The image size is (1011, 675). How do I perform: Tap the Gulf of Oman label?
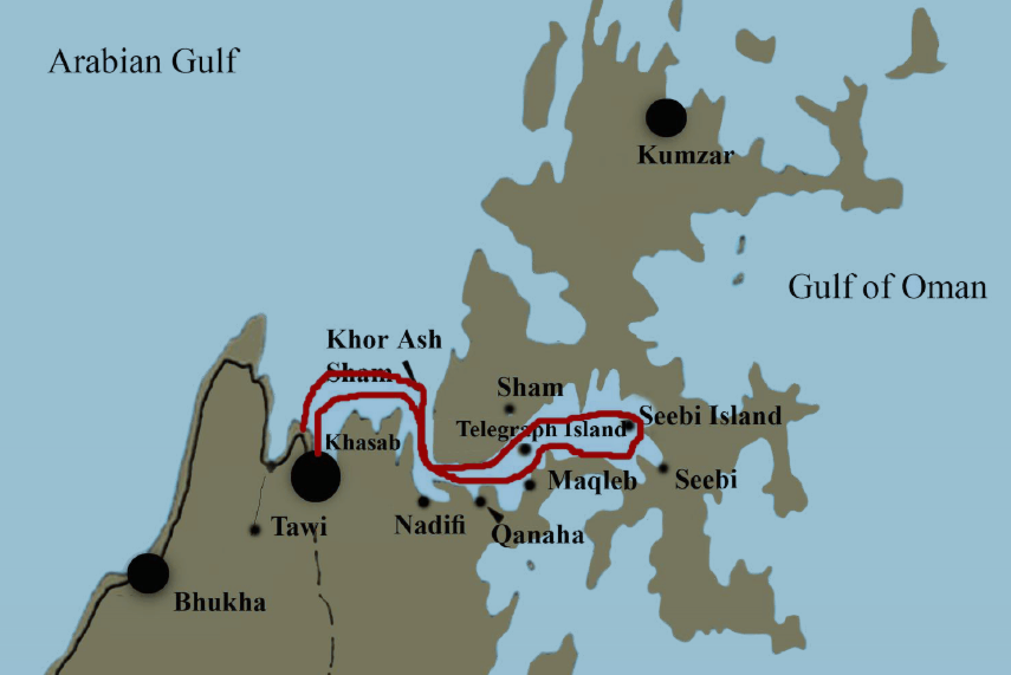(887, 287)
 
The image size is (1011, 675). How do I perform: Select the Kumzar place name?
(685, 155)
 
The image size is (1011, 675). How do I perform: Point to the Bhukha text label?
(220, 602)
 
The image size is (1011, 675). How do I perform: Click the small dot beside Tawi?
(255, 530)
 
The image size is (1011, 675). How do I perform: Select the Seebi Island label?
(710, 416)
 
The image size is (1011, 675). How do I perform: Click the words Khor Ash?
(384, 340)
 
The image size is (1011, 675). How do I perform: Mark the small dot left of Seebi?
(663, 468)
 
